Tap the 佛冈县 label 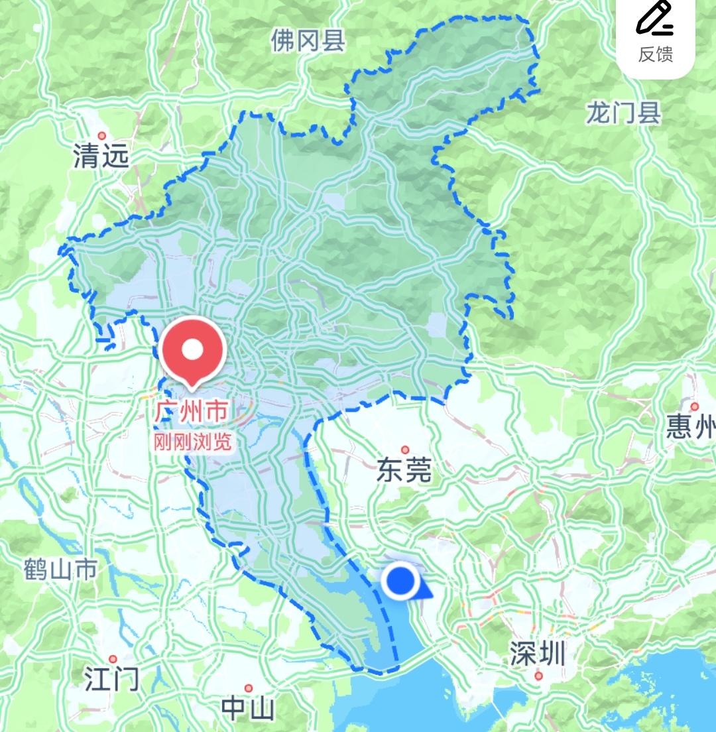(308, 41)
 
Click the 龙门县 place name (623, 113)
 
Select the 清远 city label (101, 157)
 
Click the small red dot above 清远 (101, 135)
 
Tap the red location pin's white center (192, 349)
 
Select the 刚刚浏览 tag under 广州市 (192, 441)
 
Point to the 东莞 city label (404, 471)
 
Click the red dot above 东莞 (404, 450)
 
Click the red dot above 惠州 (694, 406)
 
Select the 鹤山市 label (60, 569)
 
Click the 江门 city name (112, 680)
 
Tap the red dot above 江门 (113, 659)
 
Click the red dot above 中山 (249, 688)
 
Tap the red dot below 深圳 (538, 676)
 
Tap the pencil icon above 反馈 (655, 19)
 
